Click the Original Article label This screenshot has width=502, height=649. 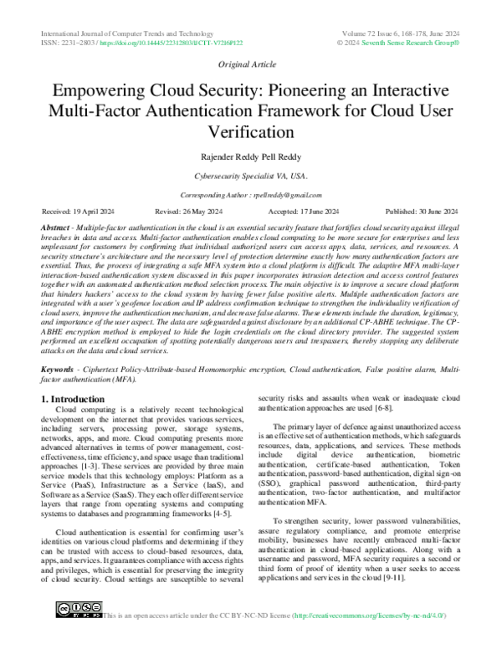(250, 64)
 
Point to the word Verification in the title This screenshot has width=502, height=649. (250, 131)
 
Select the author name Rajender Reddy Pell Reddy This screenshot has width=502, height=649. (250, 157)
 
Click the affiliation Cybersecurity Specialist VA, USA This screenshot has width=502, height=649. (250, 176)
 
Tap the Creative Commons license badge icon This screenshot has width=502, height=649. (78, 631)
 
